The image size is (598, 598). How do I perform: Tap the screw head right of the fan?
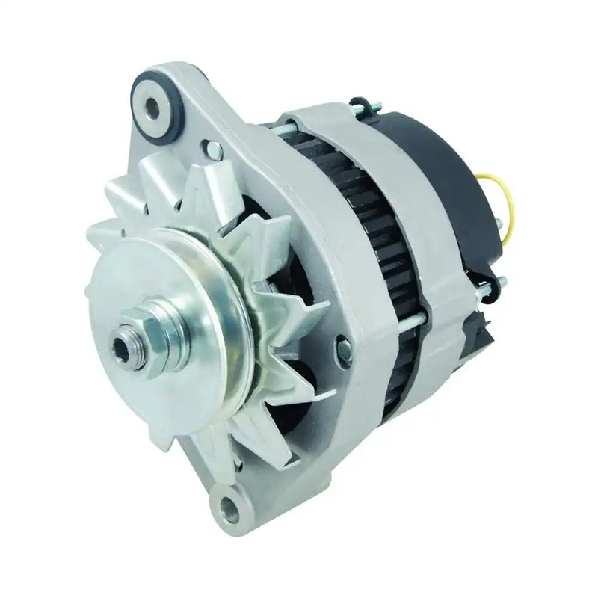click(x=344, y=345)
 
